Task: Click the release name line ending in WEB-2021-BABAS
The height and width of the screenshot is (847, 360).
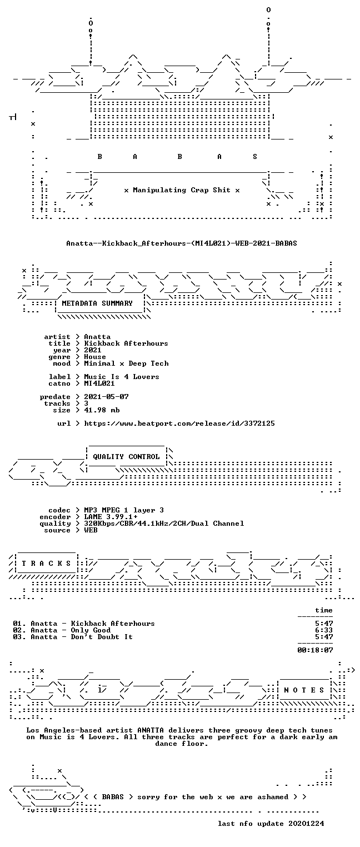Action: pos(182,243)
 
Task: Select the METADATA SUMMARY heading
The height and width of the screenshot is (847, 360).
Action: pos(97,303)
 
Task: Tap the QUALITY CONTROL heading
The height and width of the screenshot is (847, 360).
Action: pos(126,457)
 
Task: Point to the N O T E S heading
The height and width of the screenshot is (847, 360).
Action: pos(304,690)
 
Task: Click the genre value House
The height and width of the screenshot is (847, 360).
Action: pos(95,357)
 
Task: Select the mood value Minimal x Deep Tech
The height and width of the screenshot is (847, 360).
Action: pos(126,364)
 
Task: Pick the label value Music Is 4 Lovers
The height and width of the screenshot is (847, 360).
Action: pos(121,377)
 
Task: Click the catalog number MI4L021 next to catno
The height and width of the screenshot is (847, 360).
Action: pos(99,383)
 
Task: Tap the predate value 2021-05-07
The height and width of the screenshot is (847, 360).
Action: pos(106,397)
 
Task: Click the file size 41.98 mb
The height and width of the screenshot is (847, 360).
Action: pos(102,410)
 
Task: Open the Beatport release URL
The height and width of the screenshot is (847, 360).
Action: pos(179,424)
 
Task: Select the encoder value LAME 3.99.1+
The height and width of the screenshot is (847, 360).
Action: pos(111,517)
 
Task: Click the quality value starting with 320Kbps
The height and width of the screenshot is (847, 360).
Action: pos(164,524)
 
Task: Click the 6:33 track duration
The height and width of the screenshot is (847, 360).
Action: pos(324,630)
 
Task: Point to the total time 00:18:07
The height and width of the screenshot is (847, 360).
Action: pos(315,650)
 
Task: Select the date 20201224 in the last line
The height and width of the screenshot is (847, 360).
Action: pos(306,824)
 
